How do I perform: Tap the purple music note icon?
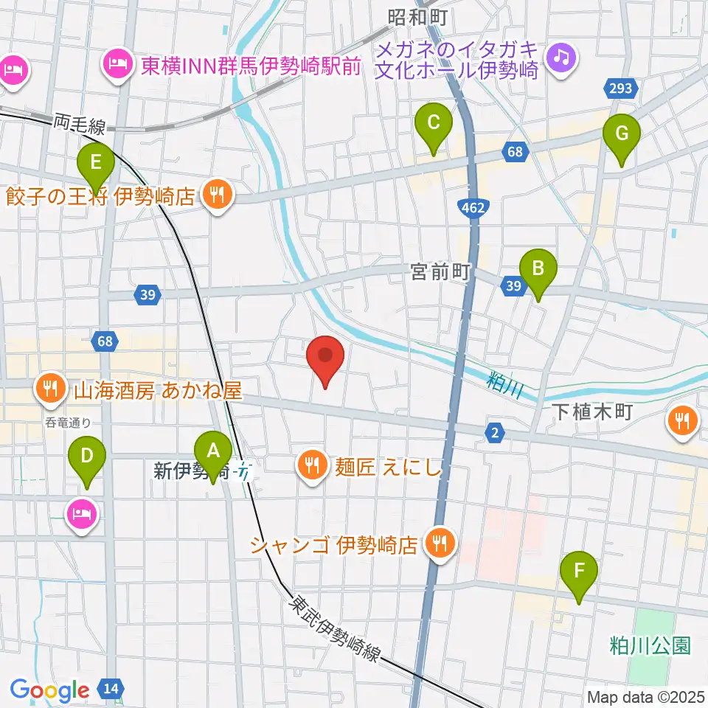(x=562, y=56)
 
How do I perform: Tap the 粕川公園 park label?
(x=650, y=647)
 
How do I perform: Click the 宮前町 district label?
(x=440, y=274)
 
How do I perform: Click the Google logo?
(x=49, y=690)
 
